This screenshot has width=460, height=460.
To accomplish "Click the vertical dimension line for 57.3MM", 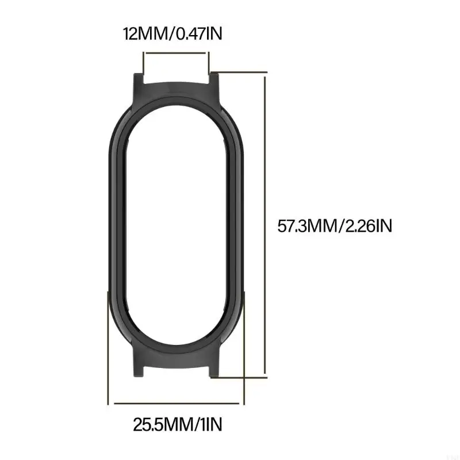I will click(x=266, y=226).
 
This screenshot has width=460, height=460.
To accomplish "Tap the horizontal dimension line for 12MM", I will click(x=176, y=53).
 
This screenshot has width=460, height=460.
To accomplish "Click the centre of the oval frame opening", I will click(x=176, y=226).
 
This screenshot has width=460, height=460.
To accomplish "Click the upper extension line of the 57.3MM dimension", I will click(x=241, y=73).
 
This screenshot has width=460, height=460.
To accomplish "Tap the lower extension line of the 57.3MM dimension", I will click(x=241, y=378).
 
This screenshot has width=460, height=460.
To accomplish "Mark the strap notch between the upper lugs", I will click(x=176, y=80).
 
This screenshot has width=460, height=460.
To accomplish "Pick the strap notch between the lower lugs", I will click(x=176, y=373).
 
